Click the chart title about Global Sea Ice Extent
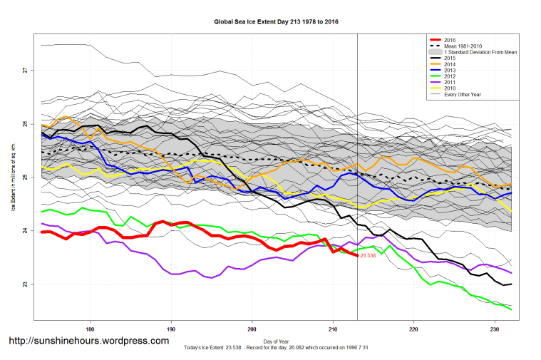click(276, 22)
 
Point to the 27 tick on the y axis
click(24, 70)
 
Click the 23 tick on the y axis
click(24, 284)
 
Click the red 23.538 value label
click(369, 255)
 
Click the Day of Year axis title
click(276, 340)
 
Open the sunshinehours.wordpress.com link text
click(88, 341)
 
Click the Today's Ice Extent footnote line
click(276, 347)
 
